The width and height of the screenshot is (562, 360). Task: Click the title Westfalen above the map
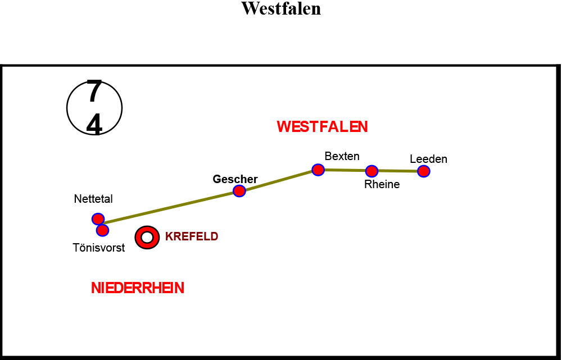[281, 8]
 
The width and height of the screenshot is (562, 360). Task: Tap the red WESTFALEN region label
[322, 127]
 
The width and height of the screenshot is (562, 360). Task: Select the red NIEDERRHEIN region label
[138, 288]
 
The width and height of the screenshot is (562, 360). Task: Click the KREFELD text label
[192, 236]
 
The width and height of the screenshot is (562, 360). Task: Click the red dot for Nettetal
[98, 219]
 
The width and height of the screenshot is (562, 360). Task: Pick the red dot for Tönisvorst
[102, 230]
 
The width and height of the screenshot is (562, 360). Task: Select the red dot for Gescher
[239, 191]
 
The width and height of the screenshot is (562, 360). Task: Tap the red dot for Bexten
[318, 170]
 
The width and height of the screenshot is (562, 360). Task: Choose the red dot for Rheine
[371, 171]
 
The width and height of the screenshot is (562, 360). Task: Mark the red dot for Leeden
[424, 171]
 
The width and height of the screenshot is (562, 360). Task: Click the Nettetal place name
[93, 199]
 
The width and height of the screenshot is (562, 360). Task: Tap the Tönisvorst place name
[99, 248]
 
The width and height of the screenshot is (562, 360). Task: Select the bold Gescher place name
[235, 179]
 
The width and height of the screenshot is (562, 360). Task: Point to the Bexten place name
[342, 156]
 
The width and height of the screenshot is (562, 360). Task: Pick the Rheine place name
[382, 184]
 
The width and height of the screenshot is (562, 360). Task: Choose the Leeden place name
[429, 159]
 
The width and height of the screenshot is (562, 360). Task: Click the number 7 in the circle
[94, 92]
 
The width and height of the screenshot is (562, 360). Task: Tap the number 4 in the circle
[94, 125]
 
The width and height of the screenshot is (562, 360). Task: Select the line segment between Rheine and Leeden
[398, 171]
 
